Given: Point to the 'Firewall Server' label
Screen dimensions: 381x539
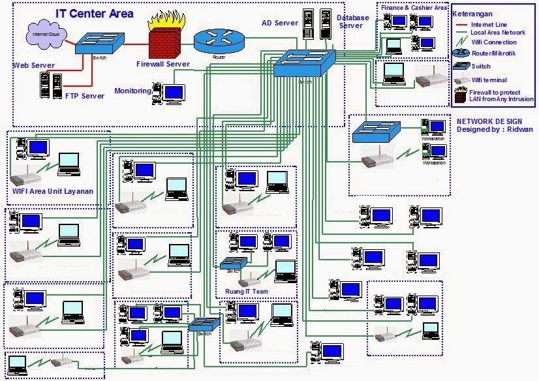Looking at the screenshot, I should pyautogui.click(x=162, y=64).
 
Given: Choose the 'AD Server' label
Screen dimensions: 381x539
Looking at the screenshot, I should pyautogui.click(x=279, y=23).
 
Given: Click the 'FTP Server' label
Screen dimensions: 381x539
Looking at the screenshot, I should pyautogui.click(x=85, y=96).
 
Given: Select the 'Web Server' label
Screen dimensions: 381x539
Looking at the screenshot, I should pyautogui.click(x=33, y=65).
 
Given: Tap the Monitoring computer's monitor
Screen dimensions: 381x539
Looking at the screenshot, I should pyautogui.click(x=174, y=93).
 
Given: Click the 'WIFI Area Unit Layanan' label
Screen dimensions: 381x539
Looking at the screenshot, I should pyautogui.click(x=53, y=191).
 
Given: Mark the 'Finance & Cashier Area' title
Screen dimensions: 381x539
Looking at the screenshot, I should pyautogui.click(x=413, y=8).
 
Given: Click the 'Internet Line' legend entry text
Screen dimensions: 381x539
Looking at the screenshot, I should pyautogui.click(x=491, y=24).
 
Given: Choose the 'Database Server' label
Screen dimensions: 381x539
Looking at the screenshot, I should pyautogui.click(x=350, y=22).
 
